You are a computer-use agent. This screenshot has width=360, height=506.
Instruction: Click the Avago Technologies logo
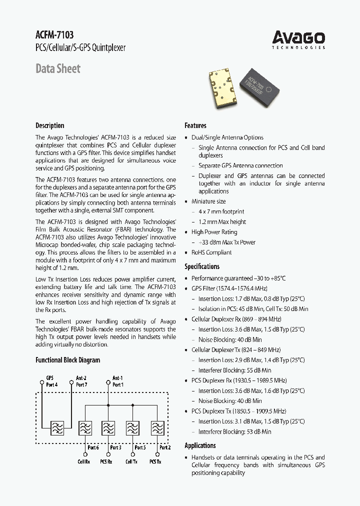tap(298, 39)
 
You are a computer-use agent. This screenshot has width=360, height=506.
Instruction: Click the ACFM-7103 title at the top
tap(54, 35)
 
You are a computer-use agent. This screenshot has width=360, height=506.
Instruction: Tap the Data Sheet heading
tap(58, 68)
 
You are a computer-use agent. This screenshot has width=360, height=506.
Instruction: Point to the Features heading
tap(195, 125)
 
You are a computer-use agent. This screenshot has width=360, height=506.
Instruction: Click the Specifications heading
tap(202, 266)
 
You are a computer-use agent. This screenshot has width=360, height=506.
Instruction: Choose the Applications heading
tap(200, 445)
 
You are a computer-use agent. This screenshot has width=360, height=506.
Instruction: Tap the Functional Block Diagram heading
tap(67, 360)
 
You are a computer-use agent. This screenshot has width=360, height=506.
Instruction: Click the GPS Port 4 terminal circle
tap(42, 381)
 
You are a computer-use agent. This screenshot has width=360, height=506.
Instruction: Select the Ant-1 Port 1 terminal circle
tap(108, 381)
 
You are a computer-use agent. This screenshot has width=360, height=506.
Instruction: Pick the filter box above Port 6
tap(85, 428)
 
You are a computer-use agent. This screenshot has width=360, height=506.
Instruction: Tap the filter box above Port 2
tap(157, 428)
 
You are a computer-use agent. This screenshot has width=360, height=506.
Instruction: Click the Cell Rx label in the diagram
tap(83, 461)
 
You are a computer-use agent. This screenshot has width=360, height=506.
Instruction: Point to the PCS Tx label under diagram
tap(155, 461)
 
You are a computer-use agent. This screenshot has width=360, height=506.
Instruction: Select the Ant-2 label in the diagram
tap(81, 378)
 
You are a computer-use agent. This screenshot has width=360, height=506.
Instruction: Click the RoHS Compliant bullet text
tap(211, 252)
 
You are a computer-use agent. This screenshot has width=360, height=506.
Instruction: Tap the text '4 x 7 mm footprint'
tap(221, 212)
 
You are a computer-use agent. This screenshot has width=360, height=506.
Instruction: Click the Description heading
tap(50, 125)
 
